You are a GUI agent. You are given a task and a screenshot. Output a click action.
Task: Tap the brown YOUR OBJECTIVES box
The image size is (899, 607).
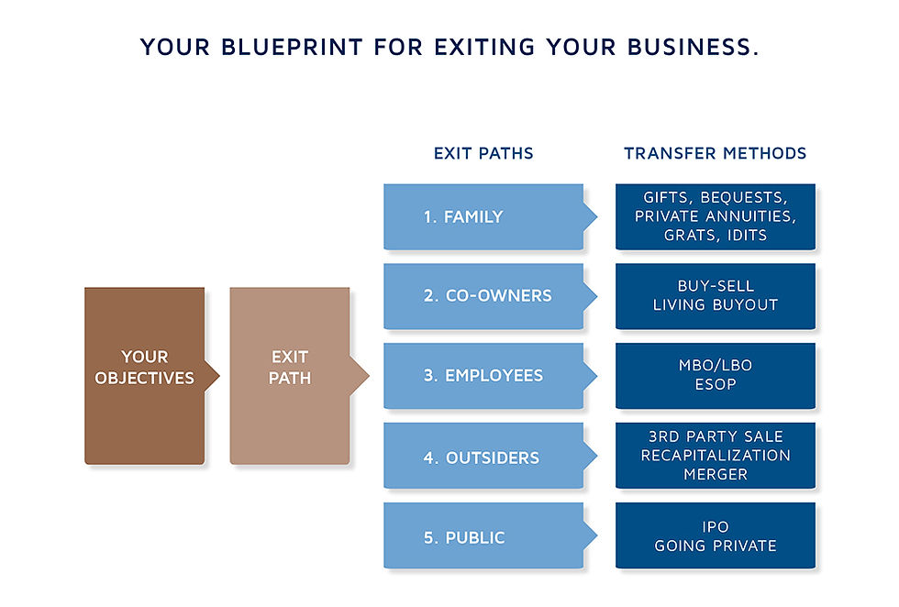click(144, 375)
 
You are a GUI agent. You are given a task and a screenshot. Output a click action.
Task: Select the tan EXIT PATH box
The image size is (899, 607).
click(289, 375)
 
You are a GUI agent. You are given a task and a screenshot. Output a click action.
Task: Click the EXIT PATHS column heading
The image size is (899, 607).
click(483, 154)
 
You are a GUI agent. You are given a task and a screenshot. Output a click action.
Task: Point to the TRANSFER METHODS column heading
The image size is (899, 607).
click(715, 154)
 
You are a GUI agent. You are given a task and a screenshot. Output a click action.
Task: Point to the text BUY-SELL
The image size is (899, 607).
click(715, 286)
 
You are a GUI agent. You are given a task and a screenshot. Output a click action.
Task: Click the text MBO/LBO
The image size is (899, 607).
click(715, 366)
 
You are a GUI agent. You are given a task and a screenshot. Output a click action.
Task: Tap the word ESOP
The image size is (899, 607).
click(715, 385)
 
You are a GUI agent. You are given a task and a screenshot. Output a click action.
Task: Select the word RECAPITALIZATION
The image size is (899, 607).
click(715, 456)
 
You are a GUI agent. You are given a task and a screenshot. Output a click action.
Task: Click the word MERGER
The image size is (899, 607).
click(715, 475)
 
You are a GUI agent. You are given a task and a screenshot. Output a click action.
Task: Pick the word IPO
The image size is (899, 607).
click(715, 526)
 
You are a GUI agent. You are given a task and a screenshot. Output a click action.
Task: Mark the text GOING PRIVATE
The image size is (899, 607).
click(715, 546)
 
